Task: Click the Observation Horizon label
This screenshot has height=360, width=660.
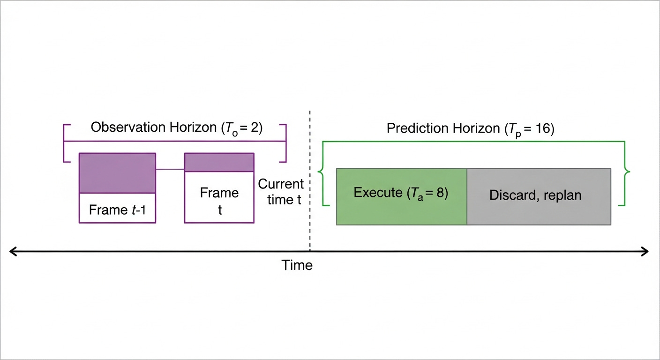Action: pyautogui.click(x=177, y=127)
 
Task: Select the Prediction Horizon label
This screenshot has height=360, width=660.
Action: pyautogui.click(x=470, y=128)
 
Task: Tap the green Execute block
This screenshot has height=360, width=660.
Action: pyautogui.click(x=402, y=196)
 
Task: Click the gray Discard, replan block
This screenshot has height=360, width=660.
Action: pyautogui.click(x=539, y=196)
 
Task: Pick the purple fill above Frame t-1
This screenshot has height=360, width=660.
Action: pyautogui.click(x=117, y=173)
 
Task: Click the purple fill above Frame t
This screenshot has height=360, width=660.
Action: pyautogui.click(x=219, y=162)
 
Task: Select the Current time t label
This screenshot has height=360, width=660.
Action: pyautogui.click(x=281, y=191)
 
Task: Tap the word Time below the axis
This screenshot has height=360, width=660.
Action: pyautogui.click(x=297, y=265)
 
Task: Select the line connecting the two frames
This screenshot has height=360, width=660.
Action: pyautogui.click(x=170, y=169)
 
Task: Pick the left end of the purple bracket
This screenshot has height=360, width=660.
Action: pyautogui.click(x=64, y=143)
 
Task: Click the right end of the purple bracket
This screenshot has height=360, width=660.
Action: pyautogui.click(x=285, y=143)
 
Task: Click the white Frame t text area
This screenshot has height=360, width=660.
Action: pyautogui.click(x=219, y=201)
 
